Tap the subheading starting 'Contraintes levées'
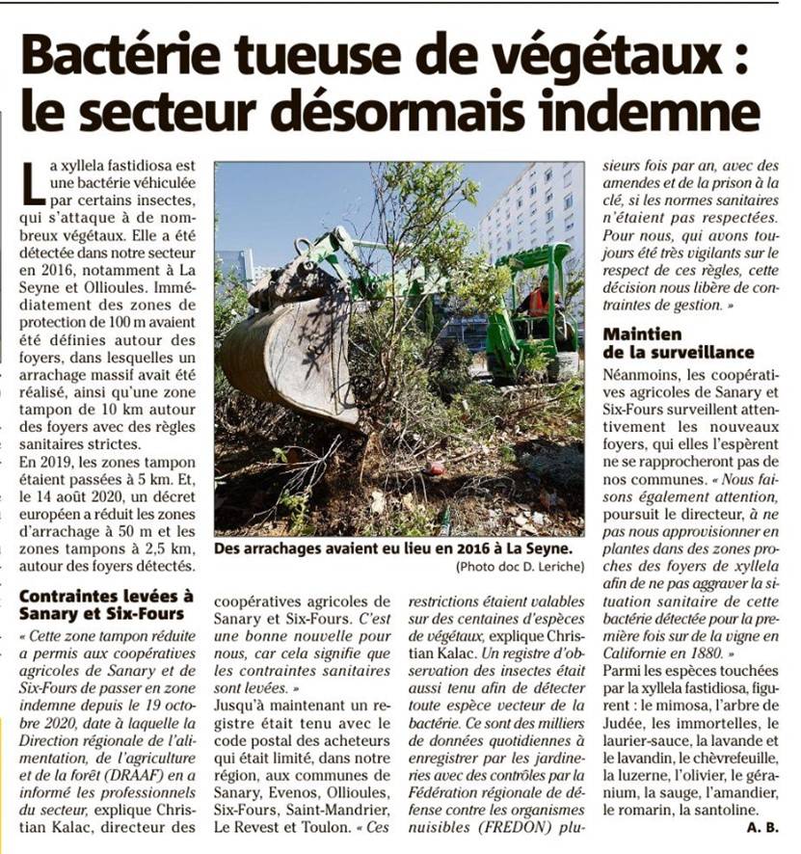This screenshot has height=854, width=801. coord(106,604)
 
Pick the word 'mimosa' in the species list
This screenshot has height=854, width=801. coord(675,705)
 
